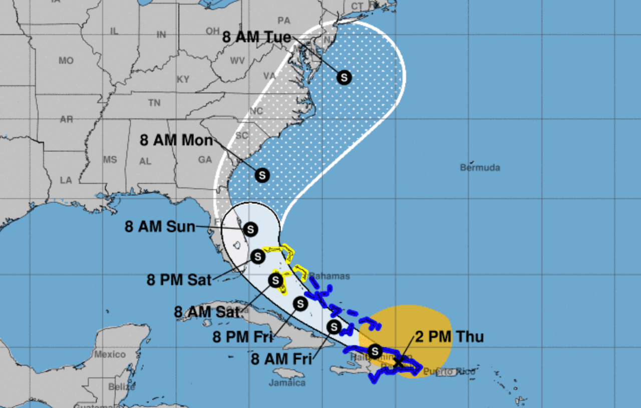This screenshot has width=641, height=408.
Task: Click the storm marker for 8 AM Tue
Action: [344, 78]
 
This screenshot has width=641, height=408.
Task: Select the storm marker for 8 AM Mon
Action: [262, 175]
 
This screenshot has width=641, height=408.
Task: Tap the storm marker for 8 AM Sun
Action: [250, 230]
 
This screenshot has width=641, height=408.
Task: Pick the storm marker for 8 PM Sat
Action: [257, 257]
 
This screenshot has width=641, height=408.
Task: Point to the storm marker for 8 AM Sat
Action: [276, 280]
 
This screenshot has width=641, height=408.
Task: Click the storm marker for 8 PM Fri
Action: [300, 303]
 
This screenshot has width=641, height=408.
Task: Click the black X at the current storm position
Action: [399, 362]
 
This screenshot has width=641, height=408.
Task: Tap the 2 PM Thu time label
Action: [450, 337]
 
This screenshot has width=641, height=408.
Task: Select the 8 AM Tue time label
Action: [257, 38]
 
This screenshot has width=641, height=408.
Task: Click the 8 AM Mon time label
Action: [176, 140]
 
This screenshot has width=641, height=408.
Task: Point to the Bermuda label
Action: [480, 168]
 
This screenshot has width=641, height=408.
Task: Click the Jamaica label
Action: [287, 383]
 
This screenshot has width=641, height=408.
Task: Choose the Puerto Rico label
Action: [449, 372]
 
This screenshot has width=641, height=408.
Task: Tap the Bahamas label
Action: [329, 276]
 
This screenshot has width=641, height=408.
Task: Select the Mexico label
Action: [110, 354]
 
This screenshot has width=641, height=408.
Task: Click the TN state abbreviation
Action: [154, 103]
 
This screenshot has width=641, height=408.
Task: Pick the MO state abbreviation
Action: [66, 61]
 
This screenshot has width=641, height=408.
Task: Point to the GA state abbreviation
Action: [205, 160]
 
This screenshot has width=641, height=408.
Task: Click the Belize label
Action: [121, 387]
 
